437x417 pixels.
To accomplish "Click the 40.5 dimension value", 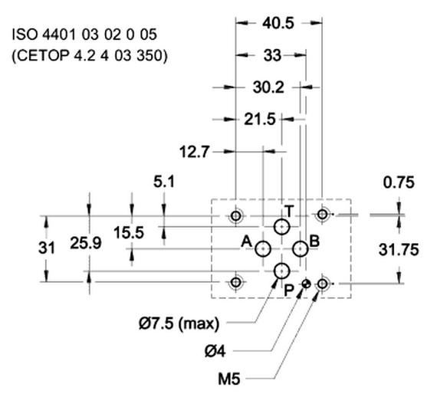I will [x=278, y=23].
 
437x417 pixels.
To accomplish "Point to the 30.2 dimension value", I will [x=268, y=87].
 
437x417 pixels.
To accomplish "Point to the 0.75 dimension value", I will [x=399, y=182].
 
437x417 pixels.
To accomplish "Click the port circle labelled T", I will [x=282, y=226].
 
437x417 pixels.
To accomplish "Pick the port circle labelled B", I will [x=301, y=248].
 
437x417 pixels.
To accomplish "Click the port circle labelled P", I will [x=282, y=271].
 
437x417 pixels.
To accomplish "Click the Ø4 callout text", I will [x=216, y=351].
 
